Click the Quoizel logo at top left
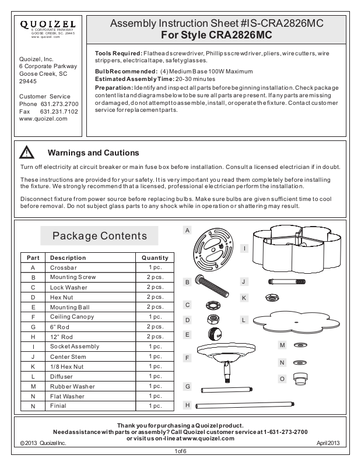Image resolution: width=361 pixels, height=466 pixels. (48, 24)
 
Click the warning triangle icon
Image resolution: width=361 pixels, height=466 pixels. (27, 153)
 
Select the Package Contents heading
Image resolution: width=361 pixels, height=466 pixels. (100, 236)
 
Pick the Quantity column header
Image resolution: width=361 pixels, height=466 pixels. (155, 257)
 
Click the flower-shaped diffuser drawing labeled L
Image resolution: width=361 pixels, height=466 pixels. (293, 320)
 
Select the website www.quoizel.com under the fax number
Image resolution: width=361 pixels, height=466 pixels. (44, 118)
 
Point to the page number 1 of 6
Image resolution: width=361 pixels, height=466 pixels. (180, 451)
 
